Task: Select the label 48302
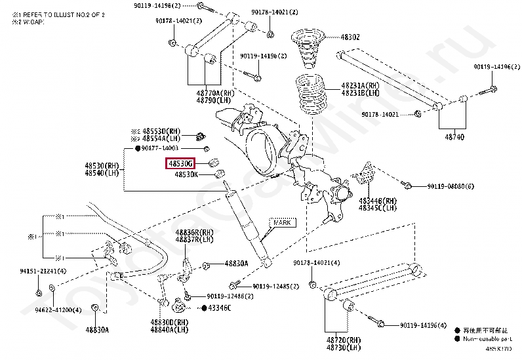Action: [x=350, y=37]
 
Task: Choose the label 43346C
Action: [x=220, y=308]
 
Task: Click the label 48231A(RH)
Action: [x=359, y=86]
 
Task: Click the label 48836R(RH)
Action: [x=194, y=233]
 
